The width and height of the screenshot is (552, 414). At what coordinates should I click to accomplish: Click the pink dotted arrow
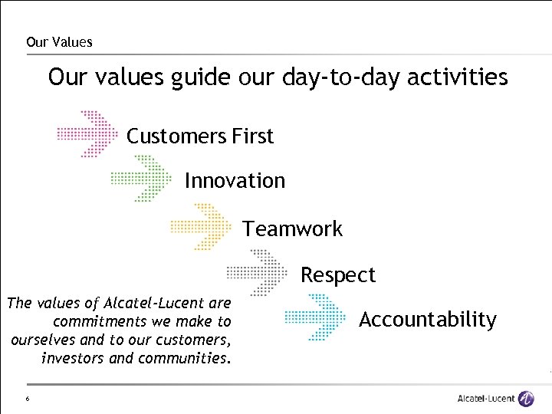tap(87, 134)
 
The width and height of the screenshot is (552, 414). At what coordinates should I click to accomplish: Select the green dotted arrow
tap(143, 179)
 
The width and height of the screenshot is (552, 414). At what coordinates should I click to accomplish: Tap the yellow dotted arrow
tap(201, 226)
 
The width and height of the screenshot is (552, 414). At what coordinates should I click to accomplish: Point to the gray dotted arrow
tap(258, 272)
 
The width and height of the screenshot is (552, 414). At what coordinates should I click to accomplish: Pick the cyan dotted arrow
tap(316, 317)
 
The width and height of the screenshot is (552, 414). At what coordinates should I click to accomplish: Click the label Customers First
tap(199, 136)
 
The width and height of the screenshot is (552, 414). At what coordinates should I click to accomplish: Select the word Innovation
tap(235, 181)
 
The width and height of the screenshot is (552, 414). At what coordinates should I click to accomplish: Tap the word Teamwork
tap(293, 228)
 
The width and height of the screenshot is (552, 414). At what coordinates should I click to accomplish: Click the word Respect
tap(338, 274)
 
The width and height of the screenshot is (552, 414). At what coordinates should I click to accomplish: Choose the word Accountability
tap(428, 319)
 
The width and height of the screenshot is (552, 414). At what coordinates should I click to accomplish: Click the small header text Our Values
tap(59, 42)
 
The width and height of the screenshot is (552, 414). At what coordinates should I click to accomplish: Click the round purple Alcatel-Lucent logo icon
tap(526, 399)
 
